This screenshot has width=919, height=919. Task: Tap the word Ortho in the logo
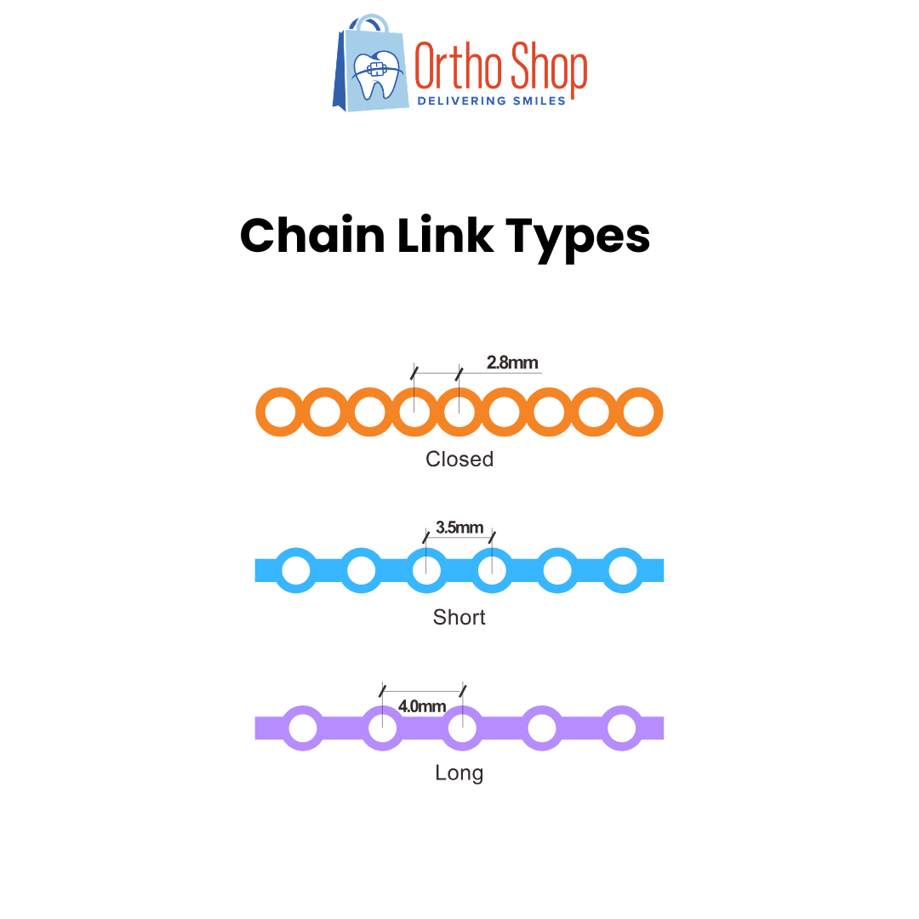click(458, 66)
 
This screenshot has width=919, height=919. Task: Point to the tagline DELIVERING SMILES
click(491, 100)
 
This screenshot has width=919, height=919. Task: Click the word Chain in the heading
click(312, 236)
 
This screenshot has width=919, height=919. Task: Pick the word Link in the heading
click(445, 236)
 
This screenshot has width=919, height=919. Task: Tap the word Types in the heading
click(578, 239)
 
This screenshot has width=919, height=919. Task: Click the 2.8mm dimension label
click(512, 362)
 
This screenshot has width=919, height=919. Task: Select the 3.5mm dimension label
click(459, 528)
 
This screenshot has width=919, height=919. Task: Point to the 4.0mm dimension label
click(422, 706)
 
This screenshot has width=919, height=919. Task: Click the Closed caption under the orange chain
click(459, 459)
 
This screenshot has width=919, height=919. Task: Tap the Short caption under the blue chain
click(459, 617)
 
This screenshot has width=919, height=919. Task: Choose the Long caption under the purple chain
click(459, 773)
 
